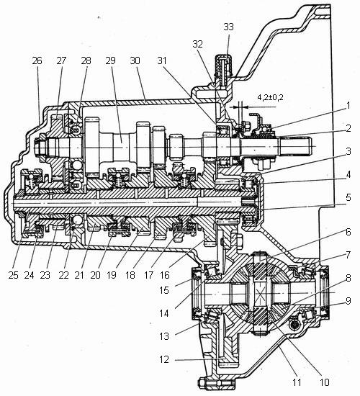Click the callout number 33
click(229, 27)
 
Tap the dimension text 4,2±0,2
click(270, 97)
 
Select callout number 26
click(37, 60)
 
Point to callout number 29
click(110, 60)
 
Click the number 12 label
click(164, 359)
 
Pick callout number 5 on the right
click(348, 197)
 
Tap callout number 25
click(13, 275)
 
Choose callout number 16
click(164, 275)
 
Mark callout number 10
click(325, 382)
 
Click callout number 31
click(162, 60)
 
